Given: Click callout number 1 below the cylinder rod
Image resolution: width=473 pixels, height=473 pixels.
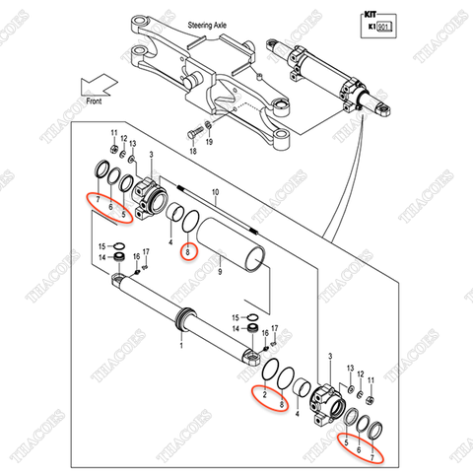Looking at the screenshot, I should (x=181, y=346).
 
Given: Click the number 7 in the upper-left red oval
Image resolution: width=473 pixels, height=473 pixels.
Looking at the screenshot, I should (x=98, y=199).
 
